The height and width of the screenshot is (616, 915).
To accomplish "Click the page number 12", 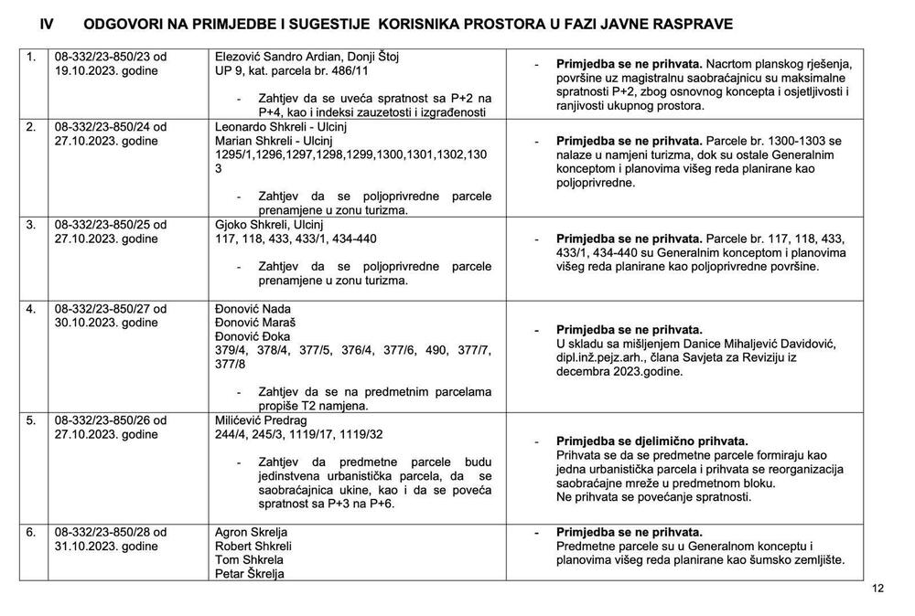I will tap(878, 589).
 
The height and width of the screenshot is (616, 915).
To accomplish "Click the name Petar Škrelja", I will tap(249, 574).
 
